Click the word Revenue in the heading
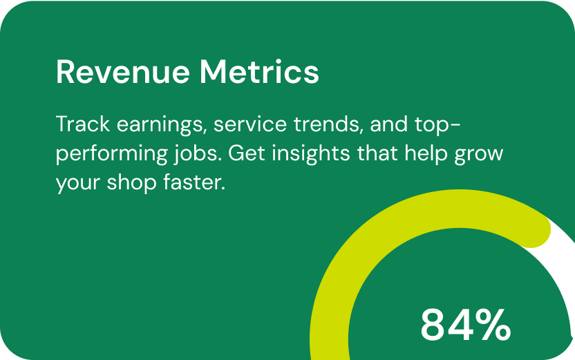[123, 73]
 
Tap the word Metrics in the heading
[259, 72]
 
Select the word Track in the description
[83, 124]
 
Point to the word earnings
[160, 125]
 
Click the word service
[250, 124]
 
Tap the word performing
[112, 154]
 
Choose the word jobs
[196, 154]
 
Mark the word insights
[311, 154]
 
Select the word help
[426, 154]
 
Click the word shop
[131, 183]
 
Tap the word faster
[194, 182]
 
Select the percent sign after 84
[492, 325]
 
